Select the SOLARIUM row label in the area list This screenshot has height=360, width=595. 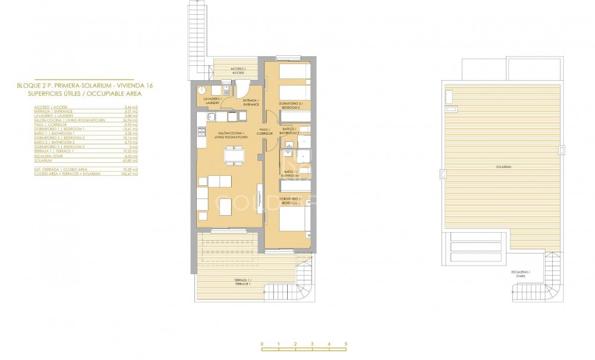tap(43, 160)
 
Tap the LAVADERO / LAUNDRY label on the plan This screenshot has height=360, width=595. tap(212, 100)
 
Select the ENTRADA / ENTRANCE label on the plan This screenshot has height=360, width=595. tap(251, 103)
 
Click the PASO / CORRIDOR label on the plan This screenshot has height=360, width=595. tap(265, 132)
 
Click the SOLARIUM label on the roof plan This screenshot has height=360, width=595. tap(503, 167)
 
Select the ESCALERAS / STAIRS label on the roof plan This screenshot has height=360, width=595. tap(521, 274)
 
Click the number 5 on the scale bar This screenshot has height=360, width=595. tap(345, 345)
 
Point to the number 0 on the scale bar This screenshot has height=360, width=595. tap(262, 345)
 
